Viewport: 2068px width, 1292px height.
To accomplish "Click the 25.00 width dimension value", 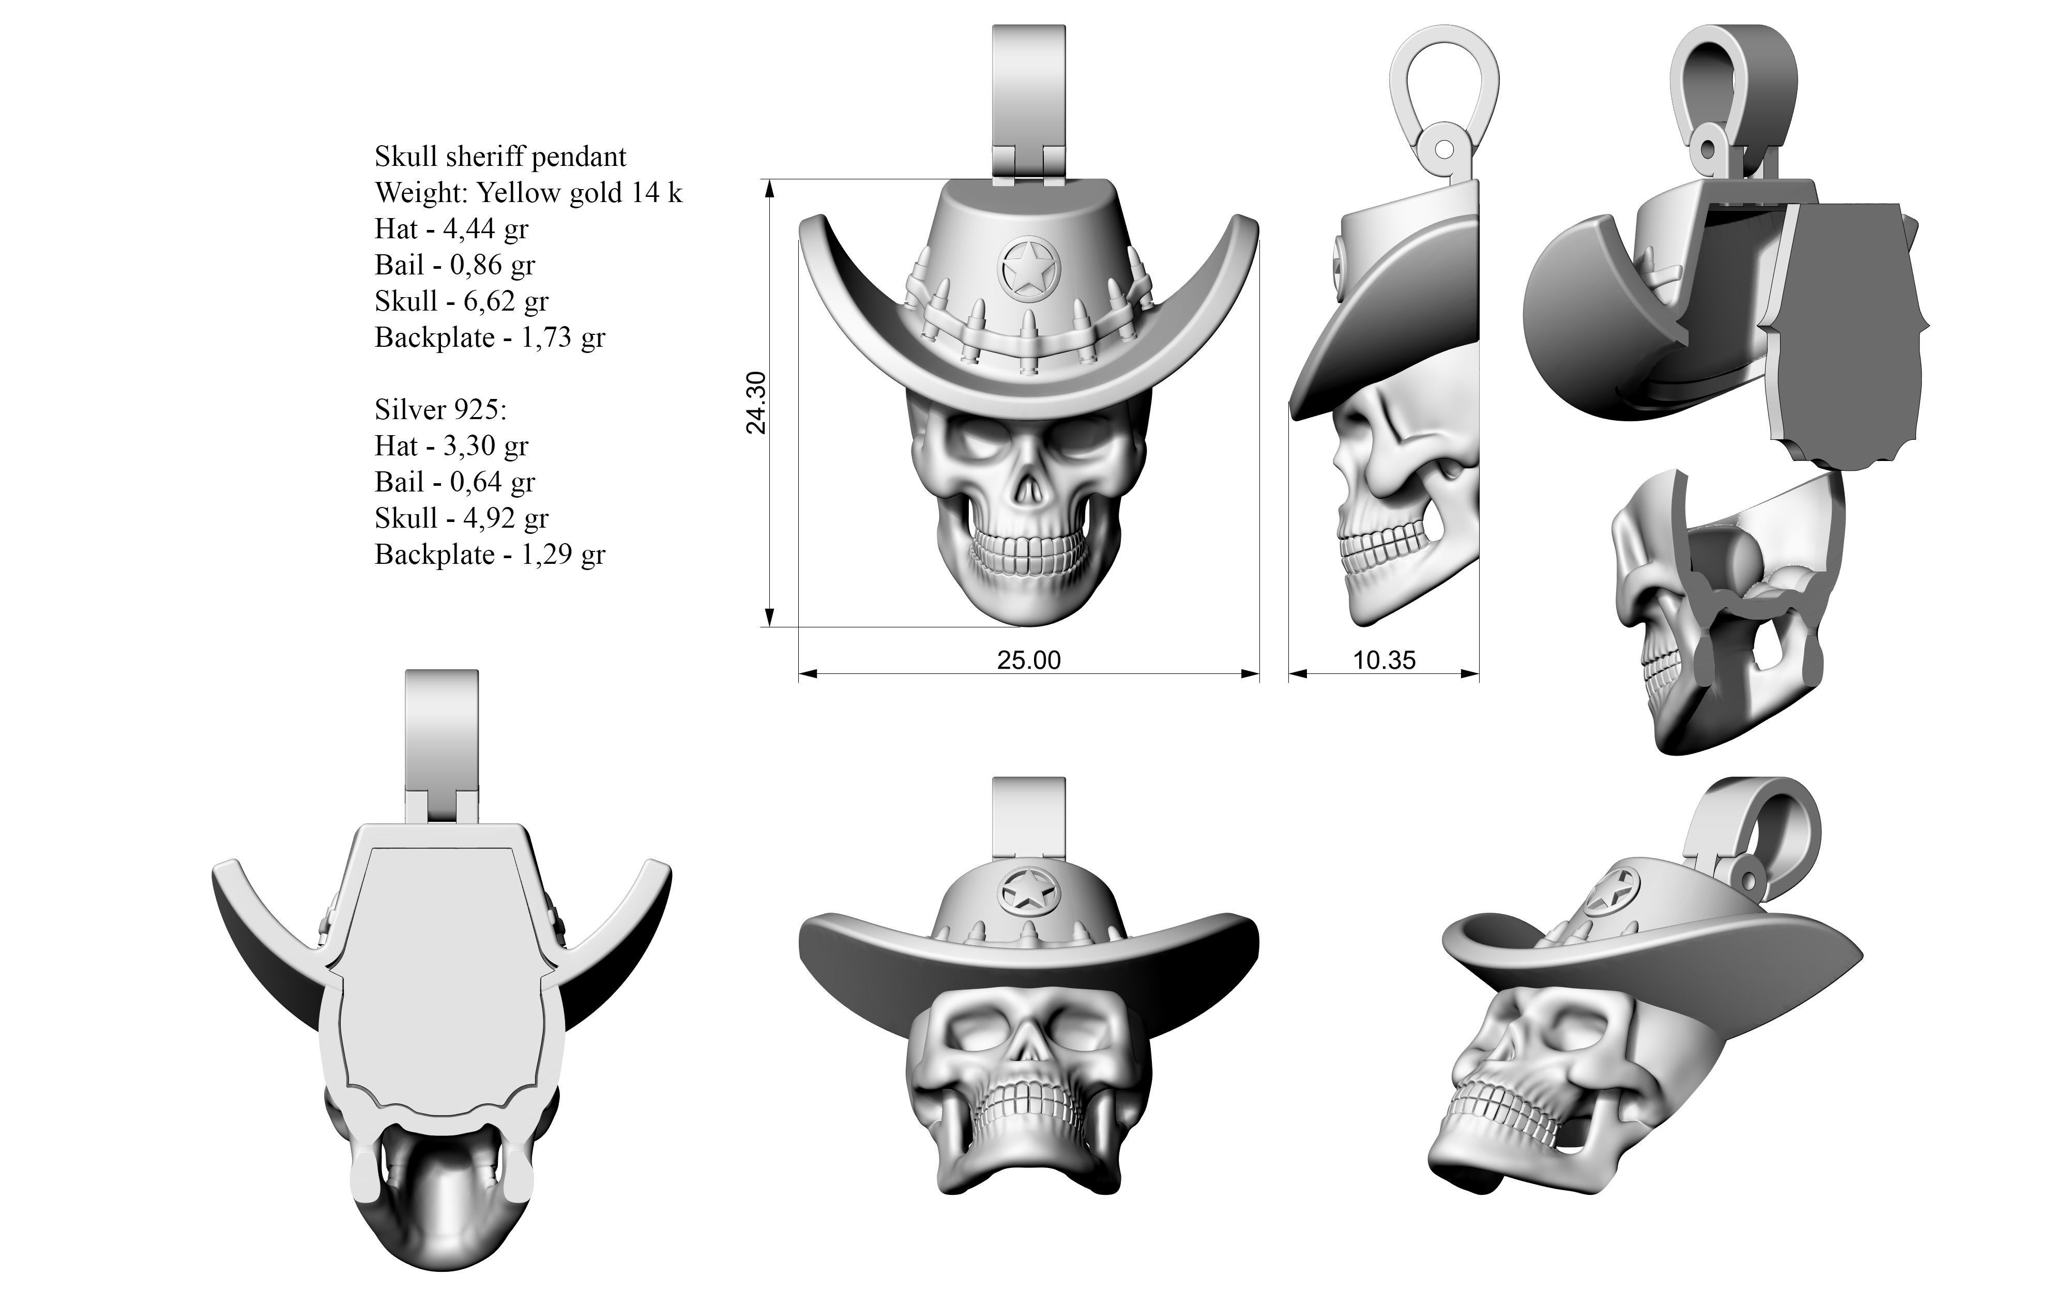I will pos(1029,659).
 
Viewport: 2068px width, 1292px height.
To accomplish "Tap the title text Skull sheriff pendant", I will pos(500,157).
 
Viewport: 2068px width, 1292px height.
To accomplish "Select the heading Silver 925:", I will pos(440,410).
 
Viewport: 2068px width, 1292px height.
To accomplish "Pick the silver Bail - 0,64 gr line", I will pos(454,483).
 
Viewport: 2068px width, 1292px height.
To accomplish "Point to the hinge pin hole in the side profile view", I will pos(1443,149).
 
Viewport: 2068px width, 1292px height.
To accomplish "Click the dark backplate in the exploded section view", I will pos(1846,333).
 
